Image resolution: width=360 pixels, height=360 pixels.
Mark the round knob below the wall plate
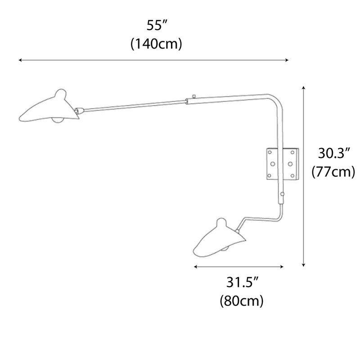(283, 194)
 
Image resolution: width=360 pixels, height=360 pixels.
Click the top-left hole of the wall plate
(270, 153)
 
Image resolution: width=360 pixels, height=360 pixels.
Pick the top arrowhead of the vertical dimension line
(304, 87)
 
